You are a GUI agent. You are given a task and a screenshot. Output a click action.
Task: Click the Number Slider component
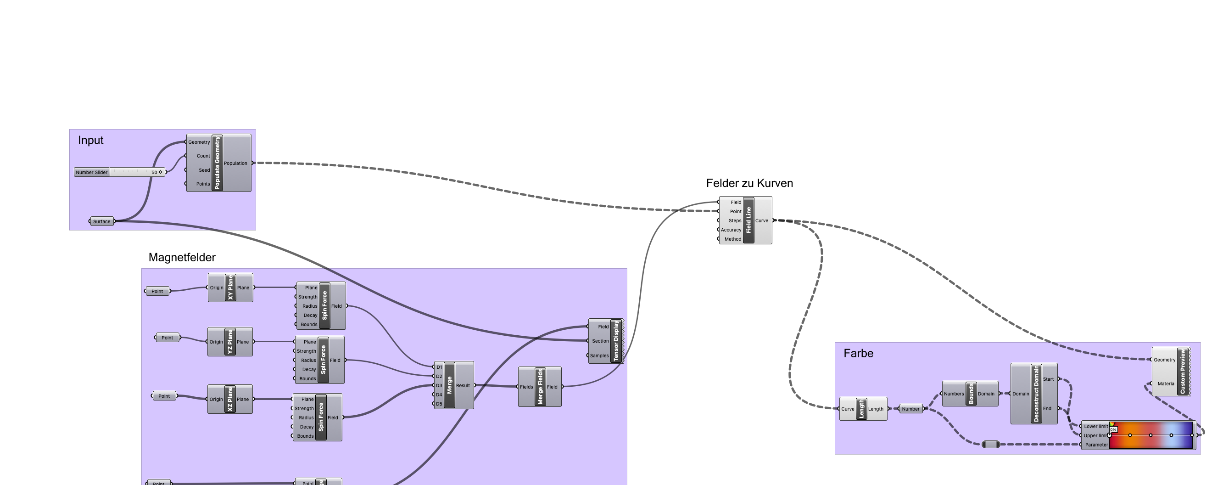tap(92, 172)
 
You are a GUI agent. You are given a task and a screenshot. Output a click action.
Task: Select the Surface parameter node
tap(101, 221)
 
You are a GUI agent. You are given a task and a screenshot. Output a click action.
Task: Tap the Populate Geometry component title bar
tap(218, 163)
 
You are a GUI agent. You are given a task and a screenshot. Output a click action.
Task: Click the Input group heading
tap(91, 140)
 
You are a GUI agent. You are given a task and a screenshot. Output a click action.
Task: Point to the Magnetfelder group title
tap(182, 258)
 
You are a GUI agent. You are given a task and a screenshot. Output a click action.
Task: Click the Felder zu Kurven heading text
tap(749, 183)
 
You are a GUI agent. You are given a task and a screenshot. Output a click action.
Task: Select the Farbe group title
tap(858, 354)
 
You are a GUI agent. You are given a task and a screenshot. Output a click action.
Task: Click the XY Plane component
tap(230, 288)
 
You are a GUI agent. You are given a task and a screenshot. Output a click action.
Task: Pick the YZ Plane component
tap(230, 342)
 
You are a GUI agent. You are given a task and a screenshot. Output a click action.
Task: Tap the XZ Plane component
tap(230, 399)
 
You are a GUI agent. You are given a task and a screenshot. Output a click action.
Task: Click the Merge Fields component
tap(540, 387)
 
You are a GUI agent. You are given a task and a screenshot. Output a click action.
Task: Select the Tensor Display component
tap(616, 341)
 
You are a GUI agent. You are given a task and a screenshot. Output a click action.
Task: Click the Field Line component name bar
tap(748, 220)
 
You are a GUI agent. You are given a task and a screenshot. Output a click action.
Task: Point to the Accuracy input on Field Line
tap(731, 230)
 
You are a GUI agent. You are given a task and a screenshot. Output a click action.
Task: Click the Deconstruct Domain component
tap(1036, 394)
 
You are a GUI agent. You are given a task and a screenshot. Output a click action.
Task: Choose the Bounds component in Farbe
tap(971, 394)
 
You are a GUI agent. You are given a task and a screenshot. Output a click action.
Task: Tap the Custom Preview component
tap(1182, 372)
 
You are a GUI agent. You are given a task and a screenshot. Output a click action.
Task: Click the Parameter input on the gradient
tap(1096, 445)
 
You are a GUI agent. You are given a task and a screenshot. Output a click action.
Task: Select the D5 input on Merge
tap(439, 404)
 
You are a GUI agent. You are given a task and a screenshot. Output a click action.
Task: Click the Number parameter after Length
tap(910, 409)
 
